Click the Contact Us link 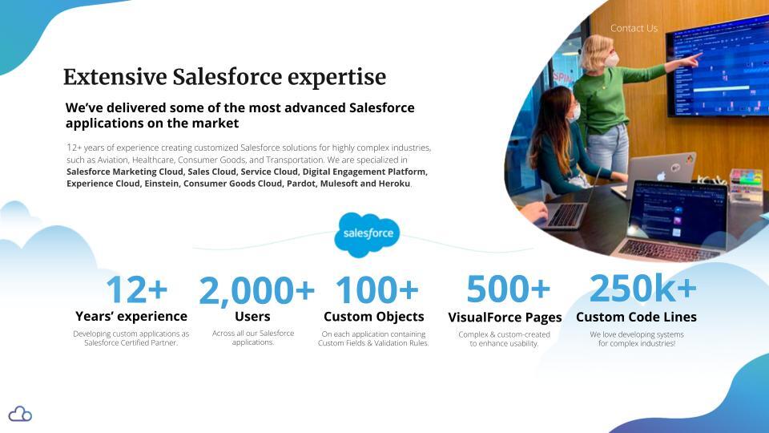(x=634, y=29)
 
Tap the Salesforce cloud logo (x=367, y=235)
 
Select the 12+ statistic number (x=136, y=289)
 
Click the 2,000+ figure (x=256, y=290)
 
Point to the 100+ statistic (x=376, y=289)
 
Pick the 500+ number (x=508, y=289)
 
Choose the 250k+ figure (x=642, y=288)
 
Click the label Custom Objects (x=374, y=317)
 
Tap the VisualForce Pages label (x=505, y=318)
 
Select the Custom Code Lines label (x=636, y=318)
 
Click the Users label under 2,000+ (x=252, y=317)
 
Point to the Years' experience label (x=131, y=316)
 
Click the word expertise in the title (x=336, y=78)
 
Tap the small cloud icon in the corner (x=20, y=414)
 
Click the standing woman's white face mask (x=611, y=60)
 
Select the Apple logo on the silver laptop (x=661, y=176)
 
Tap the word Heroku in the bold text (x=394, y=184)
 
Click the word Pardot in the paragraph (x=301, y=184)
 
